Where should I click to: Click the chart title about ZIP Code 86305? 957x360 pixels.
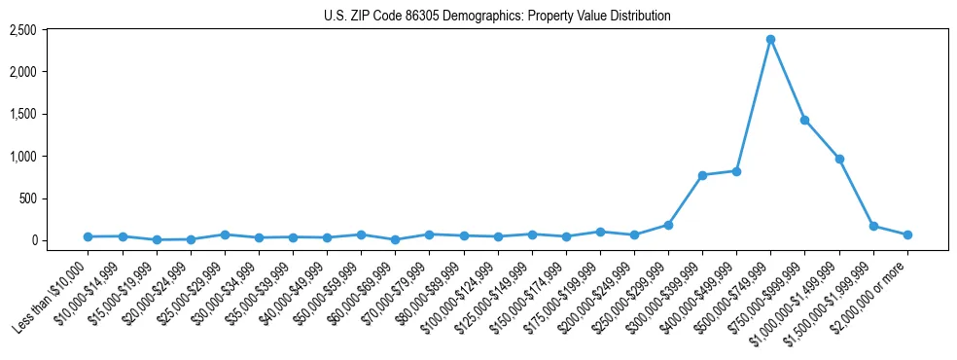point(497,17)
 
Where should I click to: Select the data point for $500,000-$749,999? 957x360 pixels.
point(770,39)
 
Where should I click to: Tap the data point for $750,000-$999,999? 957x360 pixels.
point(804,120)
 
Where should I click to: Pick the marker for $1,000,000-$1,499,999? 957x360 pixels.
point(838,159)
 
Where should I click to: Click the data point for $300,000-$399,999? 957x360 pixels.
point(702,175)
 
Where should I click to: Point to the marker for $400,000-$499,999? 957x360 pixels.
point(736,171)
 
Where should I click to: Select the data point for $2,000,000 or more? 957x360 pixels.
point(907,234)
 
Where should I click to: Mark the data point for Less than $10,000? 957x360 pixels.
point(88,236)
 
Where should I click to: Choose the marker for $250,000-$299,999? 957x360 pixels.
point(668,225)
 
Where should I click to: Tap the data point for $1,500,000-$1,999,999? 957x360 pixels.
point(873,226)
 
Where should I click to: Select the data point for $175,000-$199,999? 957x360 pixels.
point(600,232)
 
